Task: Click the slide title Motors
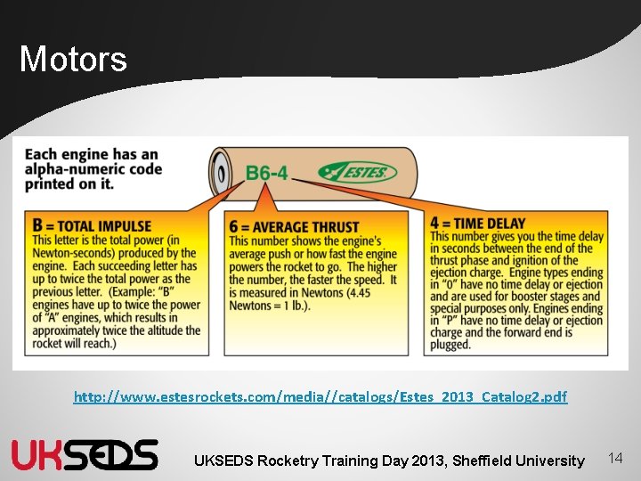73,60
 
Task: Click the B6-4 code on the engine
266,173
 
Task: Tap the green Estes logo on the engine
357,171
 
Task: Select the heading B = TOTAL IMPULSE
92,226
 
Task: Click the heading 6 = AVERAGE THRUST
294,227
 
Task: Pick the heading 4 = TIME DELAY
477,224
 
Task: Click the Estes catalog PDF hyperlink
320,396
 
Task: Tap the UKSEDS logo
85,454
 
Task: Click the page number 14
614,458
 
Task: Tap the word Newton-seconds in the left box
76,253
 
